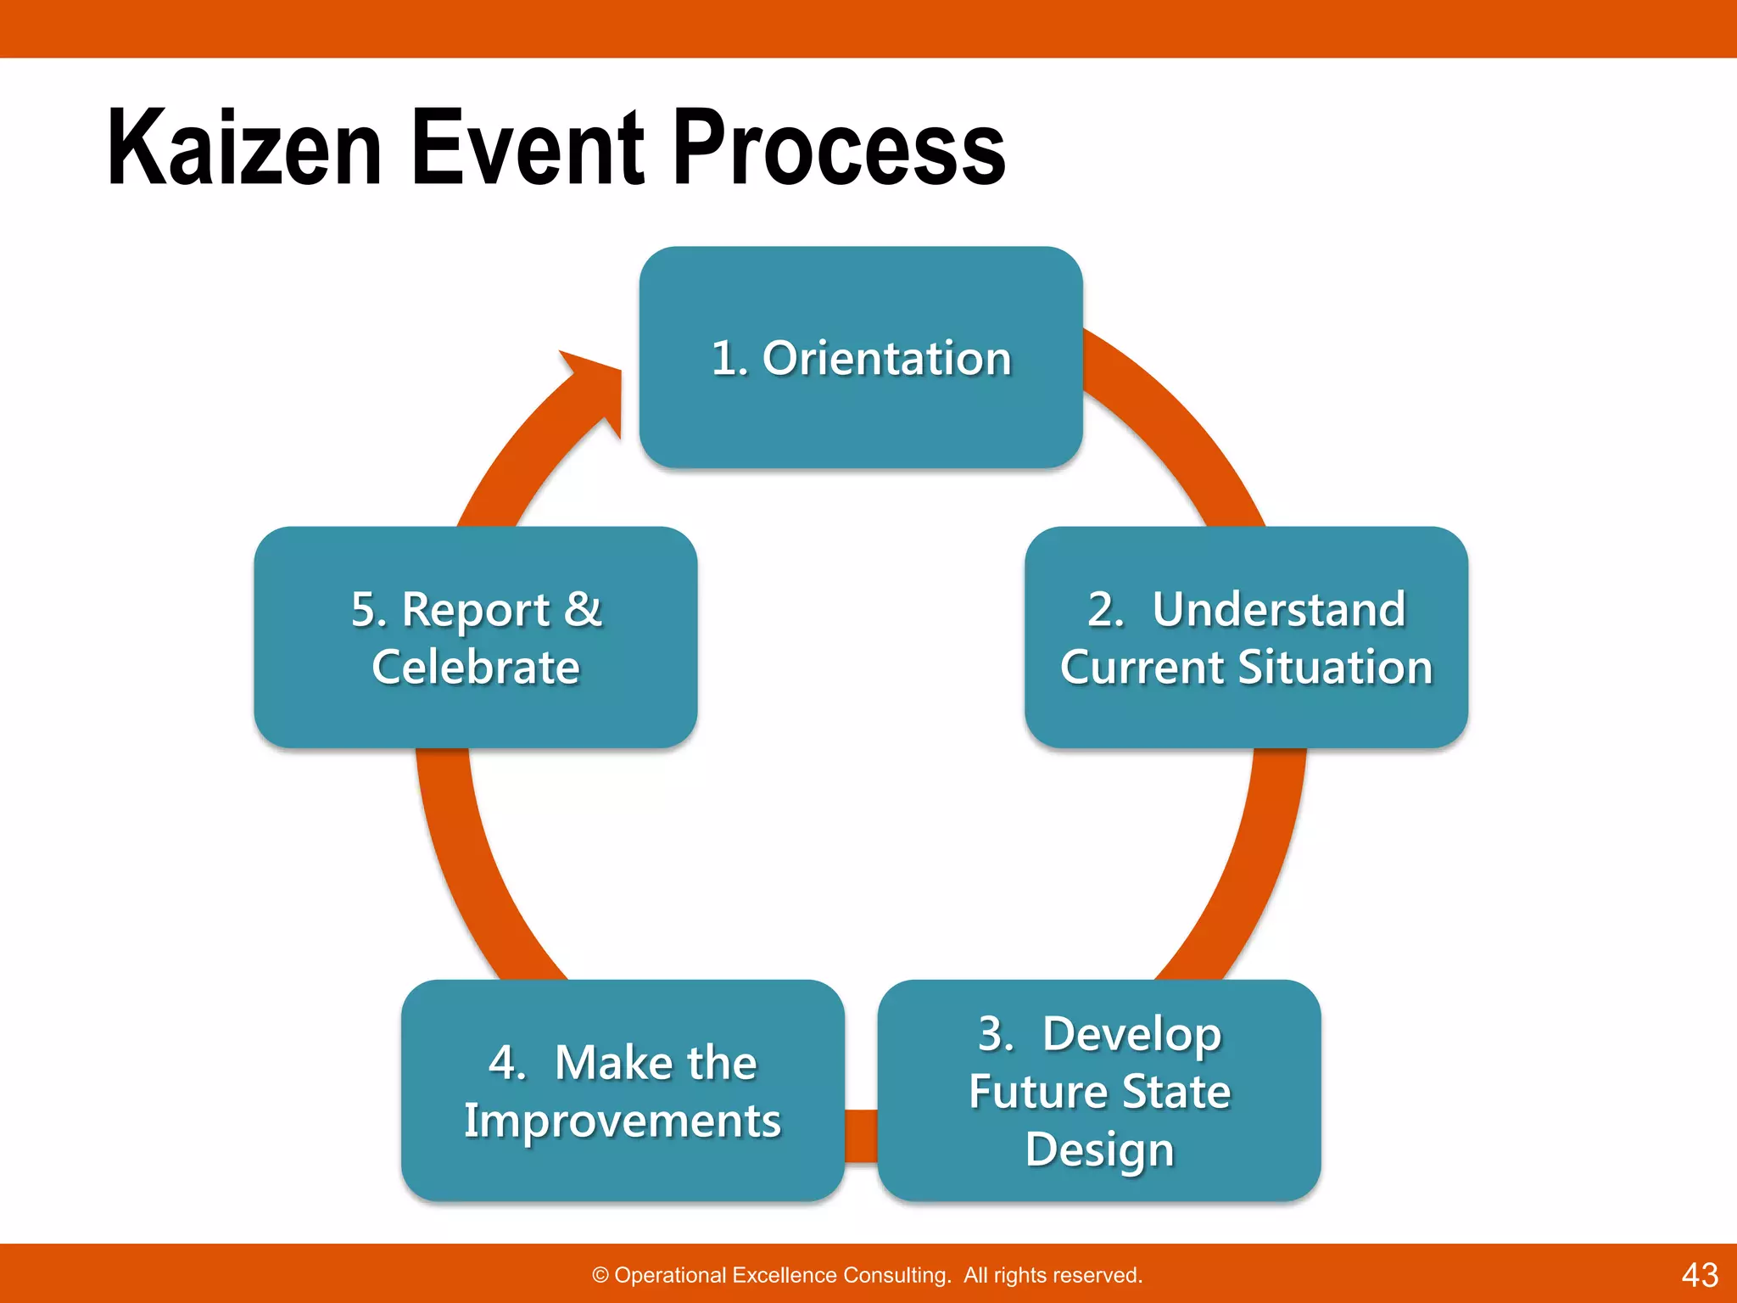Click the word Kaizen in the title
click(244, 148)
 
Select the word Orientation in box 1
click(887, 358)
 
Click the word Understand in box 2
click(1279, 609)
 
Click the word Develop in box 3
click(1132, 1035)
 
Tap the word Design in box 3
click(1100, 1150)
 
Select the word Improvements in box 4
click(623, 1121)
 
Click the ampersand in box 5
click(583, 609)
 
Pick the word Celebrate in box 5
click(476, 667)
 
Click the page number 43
click(1700, 1275)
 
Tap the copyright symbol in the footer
click(600, 1276)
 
